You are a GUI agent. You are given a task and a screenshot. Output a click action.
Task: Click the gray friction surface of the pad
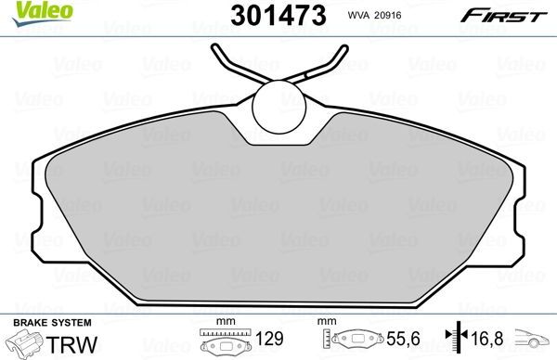(278, 223)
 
